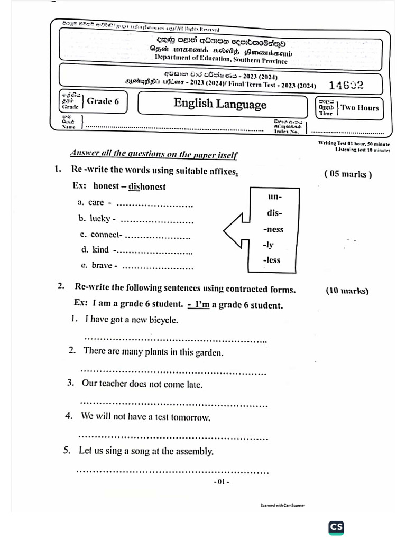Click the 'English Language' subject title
(x=220, y=104)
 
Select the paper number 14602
(x=346, y=86)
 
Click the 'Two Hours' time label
(x=359, y=108)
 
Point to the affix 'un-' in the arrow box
(x=275, y=197)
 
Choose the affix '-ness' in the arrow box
(x=273, y=229)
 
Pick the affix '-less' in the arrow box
(x=272, y=260)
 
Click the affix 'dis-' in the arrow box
(x=274, y=213)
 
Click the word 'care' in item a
(x=96, y=202)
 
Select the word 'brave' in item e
(x=102, y=265)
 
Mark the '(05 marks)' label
(x=347, y=174)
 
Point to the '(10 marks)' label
(x=347, y=291)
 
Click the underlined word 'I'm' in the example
(x=202, y=305)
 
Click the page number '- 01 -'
(x=221, y=482)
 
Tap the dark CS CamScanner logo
(x=336, y=527)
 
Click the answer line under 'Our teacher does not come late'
(x=173, y=405)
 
